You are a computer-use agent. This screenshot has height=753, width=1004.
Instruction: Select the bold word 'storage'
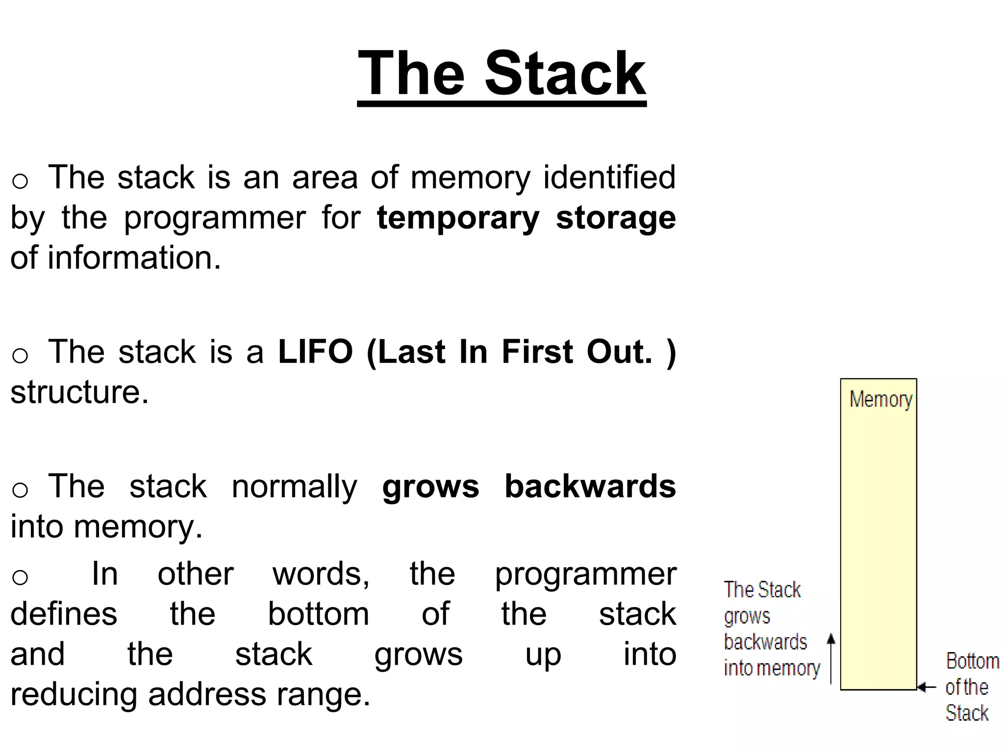616,218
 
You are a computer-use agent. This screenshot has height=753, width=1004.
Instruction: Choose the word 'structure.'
79,392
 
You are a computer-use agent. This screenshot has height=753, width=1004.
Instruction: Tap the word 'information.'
134,258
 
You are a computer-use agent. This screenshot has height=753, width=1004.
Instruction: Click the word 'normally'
294,487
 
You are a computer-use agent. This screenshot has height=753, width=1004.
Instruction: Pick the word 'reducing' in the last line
74,695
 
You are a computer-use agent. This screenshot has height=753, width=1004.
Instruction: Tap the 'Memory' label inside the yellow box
880,400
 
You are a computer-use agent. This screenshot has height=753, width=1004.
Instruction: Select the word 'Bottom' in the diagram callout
972,661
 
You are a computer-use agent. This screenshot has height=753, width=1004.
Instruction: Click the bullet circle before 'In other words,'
20,577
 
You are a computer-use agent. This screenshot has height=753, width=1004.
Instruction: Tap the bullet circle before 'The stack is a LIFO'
20,355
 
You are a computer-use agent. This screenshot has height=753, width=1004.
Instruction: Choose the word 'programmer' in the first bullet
215,218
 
